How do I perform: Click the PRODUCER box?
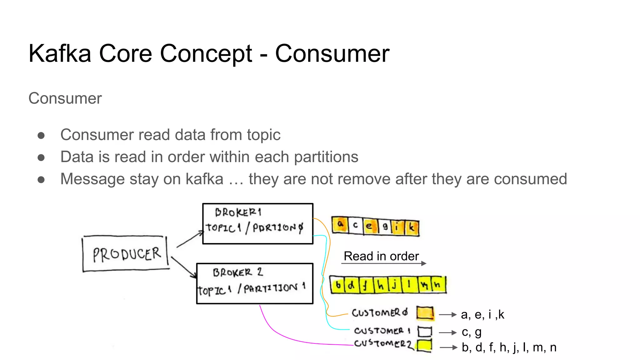pyautogui.click(x=126, y=254)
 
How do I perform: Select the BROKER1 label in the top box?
pyautogui.click(x=238, y=212)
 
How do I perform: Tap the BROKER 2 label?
pyautogui.click(x=238, y=272)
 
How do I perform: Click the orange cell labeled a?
pyautogui.click(x=340, y=225)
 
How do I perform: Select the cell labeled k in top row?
pyautogui.click(x=412, y=227)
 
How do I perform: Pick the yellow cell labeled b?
pyautogui.click(x=337, y=285)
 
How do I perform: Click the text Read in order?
pyautogui.click(x=381, y=256)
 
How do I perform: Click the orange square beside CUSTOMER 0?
pyautogui.click(x=425, y=313)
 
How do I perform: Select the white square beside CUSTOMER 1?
pyautogui.click(x=425, y=332)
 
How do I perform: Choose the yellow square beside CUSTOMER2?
pyautogui.click(x=425, y=346)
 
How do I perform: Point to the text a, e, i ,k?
pyautogui.click(x=482, y=315)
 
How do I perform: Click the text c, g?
pyautogui.click(x=472, y=332)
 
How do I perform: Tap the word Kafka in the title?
pyautogui.click(x=60, y=54)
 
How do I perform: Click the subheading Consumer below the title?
pyautogui.click(x=65, y=98)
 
